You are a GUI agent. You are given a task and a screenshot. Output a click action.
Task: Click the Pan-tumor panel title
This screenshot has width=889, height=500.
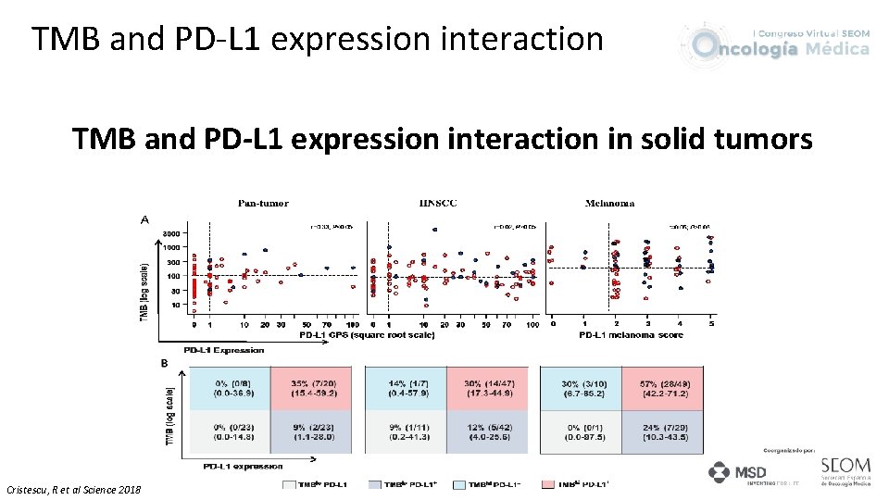263,203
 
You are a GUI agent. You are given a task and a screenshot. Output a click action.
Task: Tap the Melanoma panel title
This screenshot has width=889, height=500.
609,203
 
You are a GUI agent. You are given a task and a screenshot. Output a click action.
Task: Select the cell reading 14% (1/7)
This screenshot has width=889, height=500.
406,387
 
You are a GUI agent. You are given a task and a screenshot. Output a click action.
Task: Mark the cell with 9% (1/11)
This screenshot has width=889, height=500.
406,431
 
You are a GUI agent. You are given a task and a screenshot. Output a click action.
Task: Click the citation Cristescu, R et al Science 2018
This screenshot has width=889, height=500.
74,489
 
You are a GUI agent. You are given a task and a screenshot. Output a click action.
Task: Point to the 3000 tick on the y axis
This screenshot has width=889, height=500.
171,233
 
